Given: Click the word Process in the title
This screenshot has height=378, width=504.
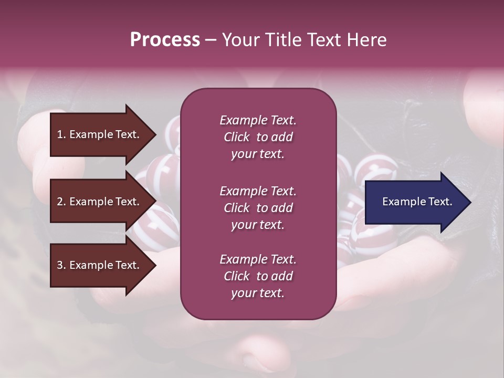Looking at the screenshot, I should point(165,40).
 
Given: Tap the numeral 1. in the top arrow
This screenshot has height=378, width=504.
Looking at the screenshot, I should point(61,134).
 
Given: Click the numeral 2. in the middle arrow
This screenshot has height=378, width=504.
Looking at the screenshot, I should point(61,202).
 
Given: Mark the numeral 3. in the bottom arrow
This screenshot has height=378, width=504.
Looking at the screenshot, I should point(61,266).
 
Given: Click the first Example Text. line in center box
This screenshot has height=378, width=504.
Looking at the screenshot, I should point(258,120).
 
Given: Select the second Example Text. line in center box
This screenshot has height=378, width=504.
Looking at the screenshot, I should point(258,191).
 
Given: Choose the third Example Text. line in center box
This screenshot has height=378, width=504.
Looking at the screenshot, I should point(258,259).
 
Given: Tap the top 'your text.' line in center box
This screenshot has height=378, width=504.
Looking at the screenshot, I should point(258,154).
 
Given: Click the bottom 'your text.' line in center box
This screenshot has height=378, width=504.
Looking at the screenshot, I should point(258,293).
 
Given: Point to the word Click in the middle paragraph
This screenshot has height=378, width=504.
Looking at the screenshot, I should point(236,208).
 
